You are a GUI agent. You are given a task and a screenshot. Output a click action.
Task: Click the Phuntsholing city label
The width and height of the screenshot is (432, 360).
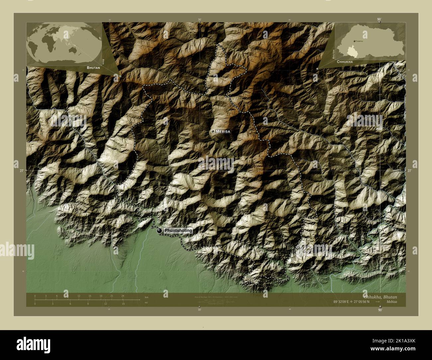tap(178, 230)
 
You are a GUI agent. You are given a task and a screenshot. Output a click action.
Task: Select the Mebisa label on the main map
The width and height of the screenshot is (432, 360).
tap(223, 132)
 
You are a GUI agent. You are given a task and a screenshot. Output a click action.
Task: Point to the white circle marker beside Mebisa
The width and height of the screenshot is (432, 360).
tap(213, 132)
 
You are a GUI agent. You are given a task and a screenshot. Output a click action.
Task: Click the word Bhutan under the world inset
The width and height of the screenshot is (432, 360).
tap(93, 67)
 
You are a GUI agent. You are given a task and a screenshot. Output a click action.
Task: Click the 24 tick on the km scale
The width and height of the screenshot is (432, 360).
tap(123, 296)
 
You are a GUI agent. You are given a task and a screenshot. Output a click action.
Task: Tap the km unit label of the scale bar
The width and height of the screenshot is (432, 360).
tap(146, 297)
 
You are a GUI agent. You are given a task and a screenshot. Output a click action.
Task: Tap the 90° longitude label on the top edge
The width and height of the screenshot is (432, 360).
tap(379, 19)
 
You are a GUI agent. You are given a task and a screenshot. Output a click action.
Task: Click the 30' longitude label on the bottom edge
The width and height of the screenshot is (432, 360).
tap(199, 310)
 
